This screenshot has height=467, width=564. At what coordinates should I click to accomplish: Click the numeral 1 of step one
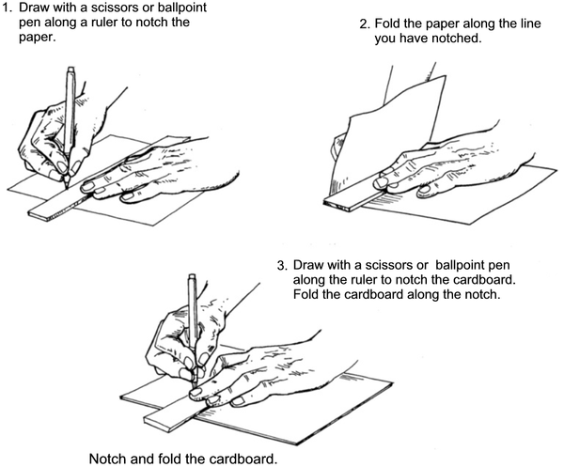click(8, 8)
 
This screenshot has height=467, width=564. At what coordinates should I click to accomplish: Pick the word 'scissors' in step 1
click(117, 8)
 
